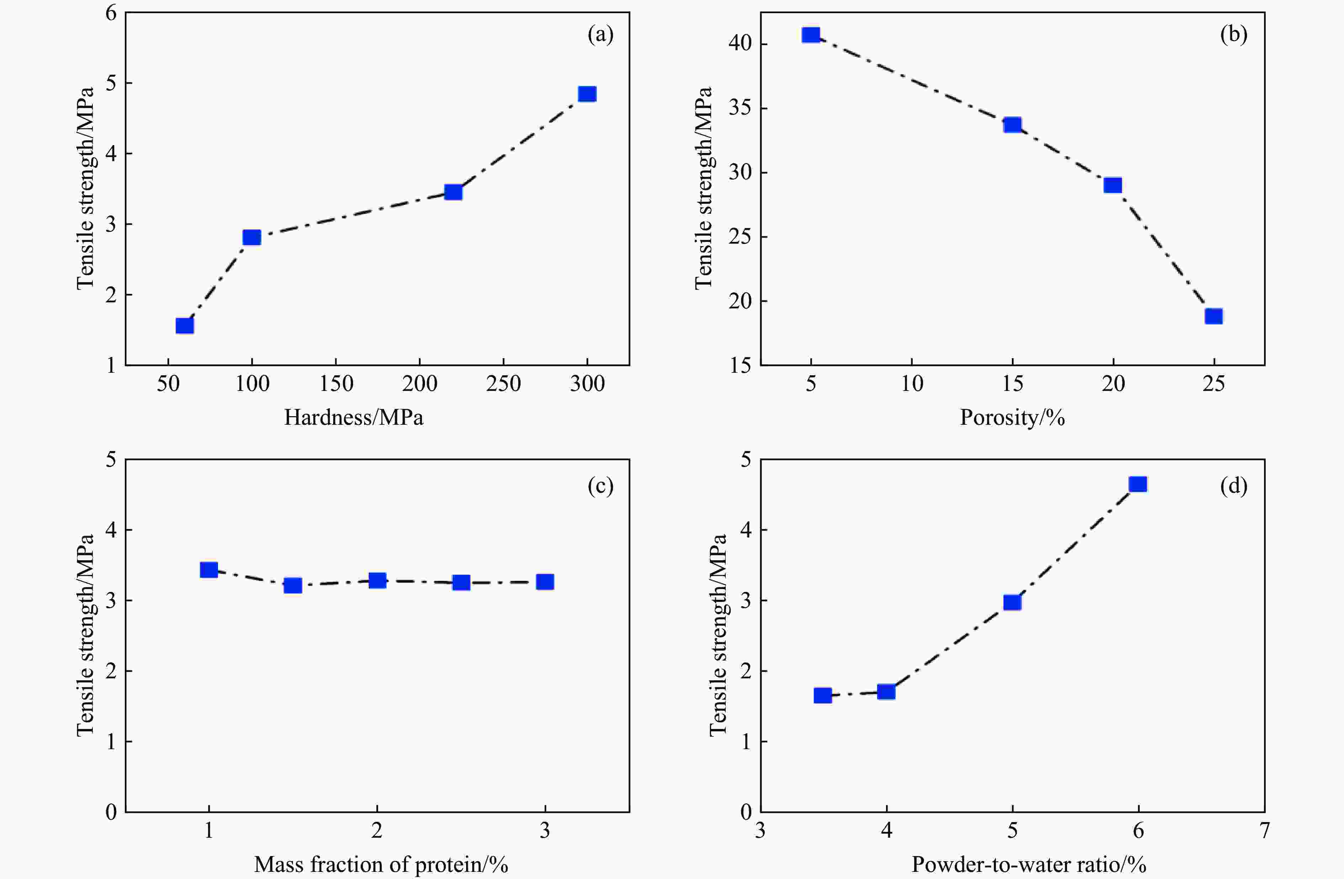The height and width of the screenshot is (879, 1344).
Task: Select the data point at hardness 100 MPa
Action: (x=251, y=237)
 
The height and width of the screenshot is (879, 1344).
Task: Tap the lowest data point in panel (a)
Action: (x=185, y=326)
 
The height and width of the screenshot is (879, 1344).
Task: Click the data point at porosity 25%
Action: (x=1214, y=316)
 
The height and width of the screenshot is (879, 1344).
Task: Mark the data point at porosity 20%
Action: (x=1113, y=185)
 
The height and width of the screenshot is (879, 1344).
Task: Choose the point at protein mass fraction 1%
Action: (x=209, y=570)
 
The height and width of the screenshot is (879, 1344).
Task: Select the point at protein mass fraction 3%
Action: (x=544, y=582)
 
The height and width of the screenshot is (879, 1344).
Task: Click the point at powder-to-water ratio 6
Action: (x=1138, y=484)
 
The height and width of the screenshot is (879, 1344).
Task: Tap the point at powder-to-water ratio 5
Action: (x=1012, y=602)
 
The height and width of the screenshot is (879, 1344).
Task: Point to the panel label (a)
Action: (x=600, y=35)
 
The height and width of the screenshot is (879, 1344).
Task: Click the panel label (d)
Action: (x=1233, y=486)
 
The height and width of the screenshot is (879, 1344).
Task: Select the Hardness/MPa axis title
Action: (x=353, y=418)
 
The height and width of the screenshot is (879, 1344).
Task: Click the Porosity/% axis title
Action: (x=1012, y=418)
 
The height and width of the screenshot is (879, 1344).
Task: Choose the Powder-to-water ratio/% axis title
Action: (x=1029, y=864)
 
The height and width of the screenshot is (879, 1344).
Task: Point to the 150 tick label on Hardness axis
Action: (x=336, y=384)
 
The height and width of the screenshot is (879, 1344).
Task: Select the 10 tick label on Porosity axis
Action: (x=911, y=384)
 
